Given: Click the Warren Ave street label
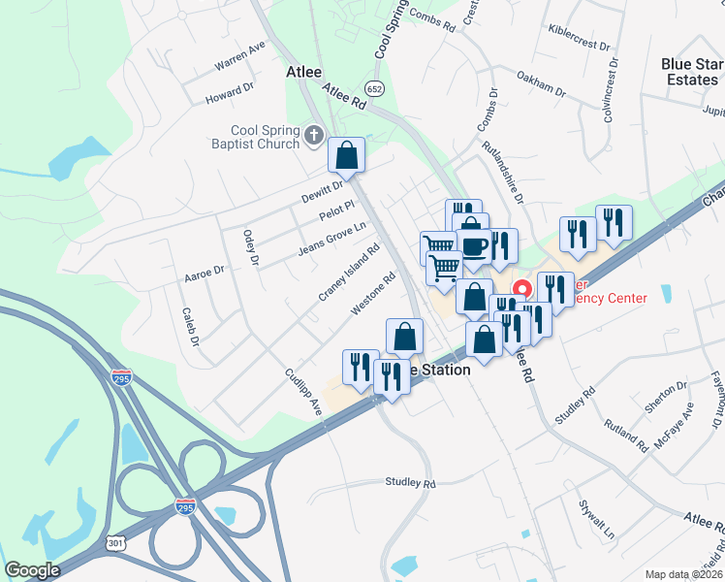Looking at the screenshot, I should coord(240,58).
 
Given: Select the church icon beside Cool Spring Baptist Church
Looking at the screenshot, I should coord(313,137).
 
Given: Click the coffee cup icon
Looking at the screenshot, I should coord(474,246).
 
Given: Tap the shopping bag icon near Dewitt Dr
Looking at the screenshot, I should coord(346,155).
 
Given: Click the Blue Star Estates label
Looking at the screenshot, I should coord(692,72).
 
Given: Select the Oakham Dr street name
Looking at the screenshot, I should coord(541,83).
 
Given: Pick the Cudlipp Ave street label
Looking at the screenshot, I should coord(302,392).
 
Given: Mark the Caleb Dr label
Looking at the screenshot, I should coord(189,327).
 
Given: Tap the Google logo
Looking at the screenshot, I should coord(32,570).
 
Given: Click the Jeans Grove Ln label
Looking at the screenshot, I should coord(331,239).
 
